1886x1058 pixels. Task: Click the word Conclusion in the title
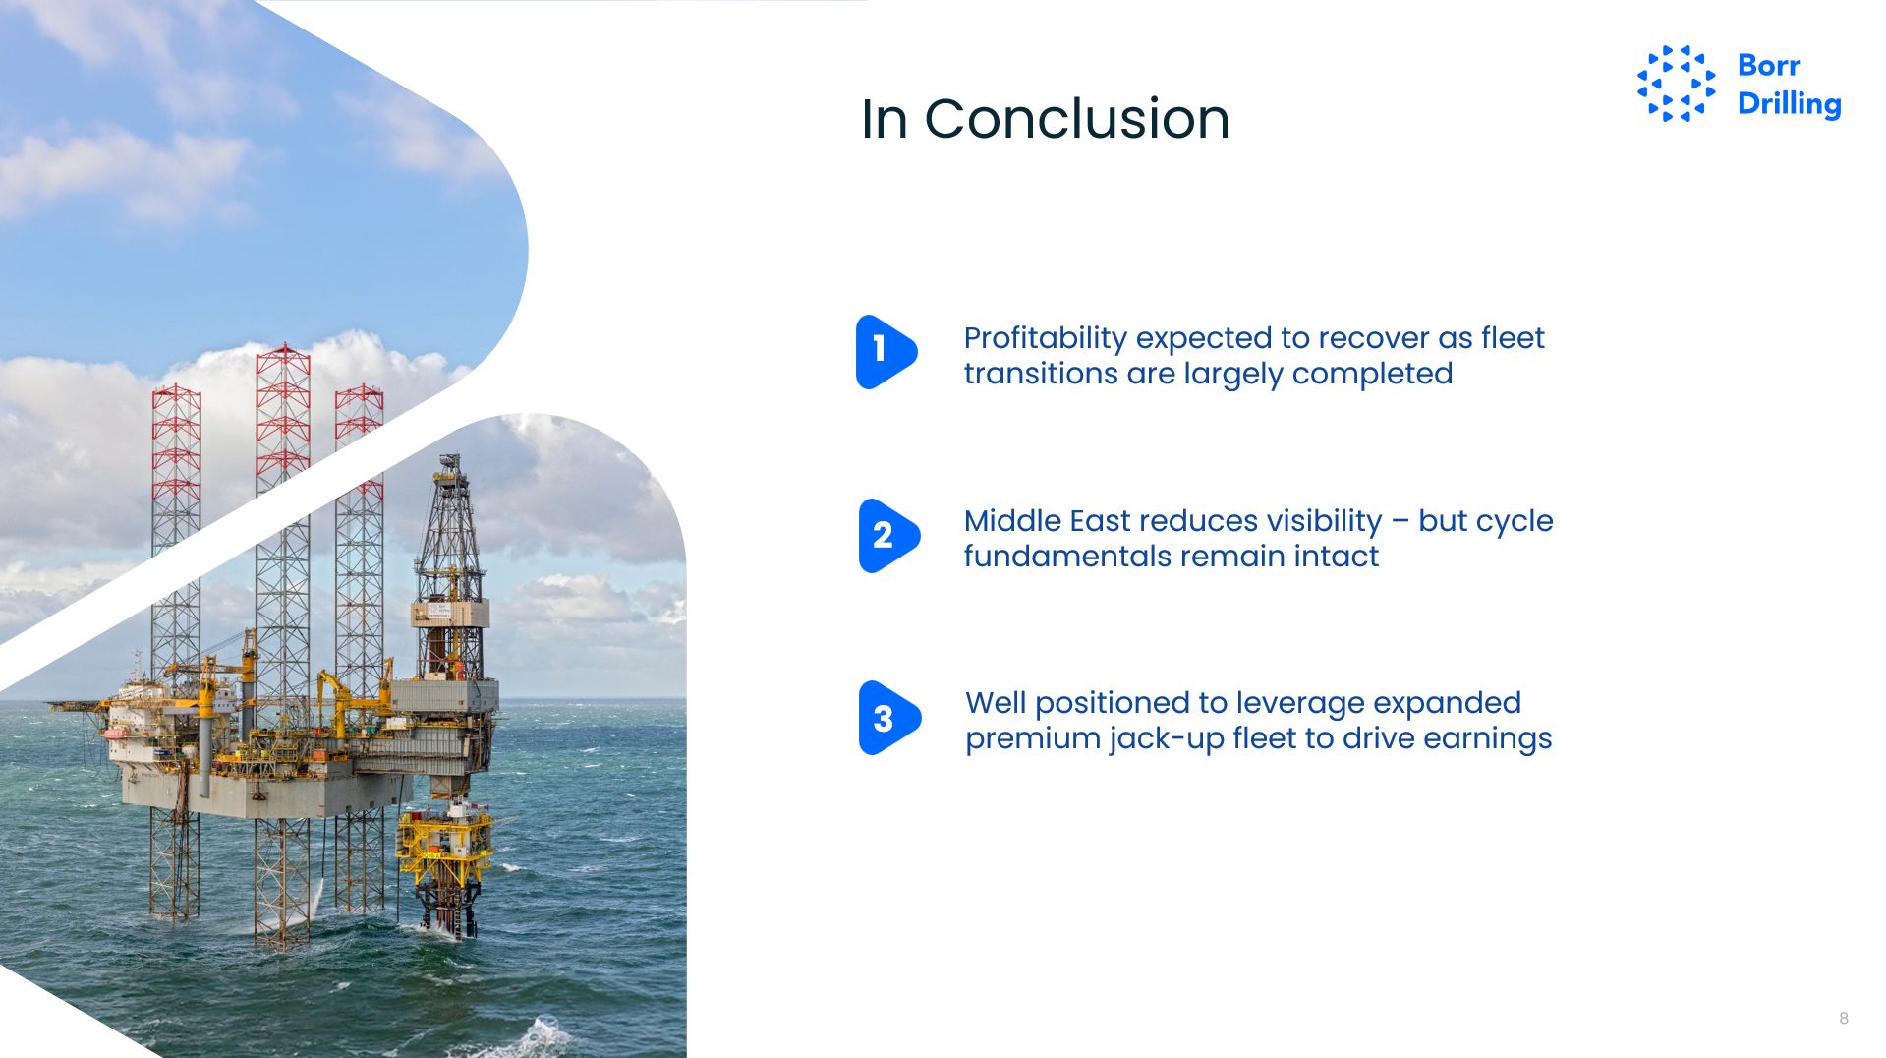pos(1076,119)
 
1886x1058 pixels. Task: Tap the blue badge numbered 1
pos(886,352)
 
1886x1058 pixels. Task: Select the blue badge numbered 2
pos(888,536)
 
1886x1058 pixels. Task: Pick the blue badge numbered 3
pos(889,718)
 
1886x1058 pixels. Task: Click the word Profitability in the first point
pos(1045,339)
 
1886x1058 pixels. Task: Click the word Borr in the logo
pos(1769,65)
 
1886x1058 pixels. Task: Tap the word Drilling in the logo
pos(1789,104)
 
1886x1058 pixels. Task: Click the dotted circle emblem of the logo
pos(1677,84)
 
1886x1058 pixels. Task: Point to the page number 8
pos(1844,1018)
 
